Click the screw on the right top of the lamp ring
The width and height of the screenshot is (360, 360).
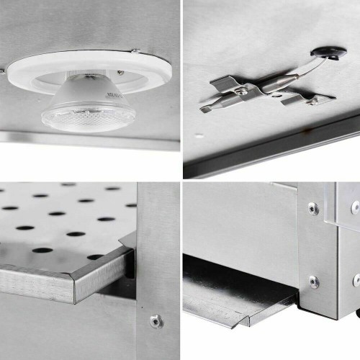[x=134, y=50]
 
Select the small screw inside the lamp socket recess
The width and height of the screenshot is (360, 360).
[x=120, y=73]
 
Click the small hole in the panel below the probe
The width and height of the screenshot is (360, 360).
[x=199, y=134]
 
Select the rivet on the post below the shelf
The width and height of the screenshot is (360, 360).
[x=155, y=321]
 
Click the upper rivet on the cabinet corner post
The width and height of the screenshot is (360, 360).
[x=313, y=209]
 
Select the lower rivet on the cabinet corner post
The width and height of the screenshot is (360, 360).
[x=314, y=281]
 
